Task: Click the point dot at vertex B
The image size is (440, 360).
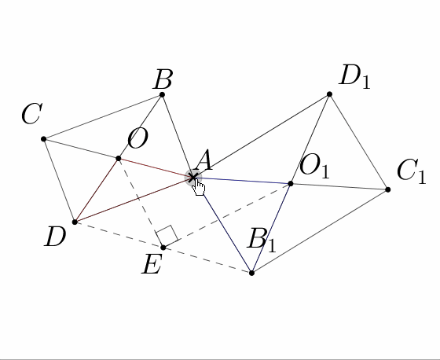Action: [x=162, y=94]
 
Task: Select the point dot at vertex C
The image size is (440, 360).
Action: [x=43, y=139]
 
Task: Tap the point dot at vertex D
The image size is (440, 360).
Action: [x=75, y=222]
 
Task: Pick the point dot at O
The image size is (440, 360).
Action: [x=119, y=159]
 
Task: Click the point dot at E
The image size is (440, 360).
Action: [x=163, y=248]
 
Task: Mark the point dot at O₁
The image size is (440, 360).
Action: [x=291, y=184]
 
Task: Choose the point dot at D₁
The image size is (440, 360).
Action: [x=330, y=94]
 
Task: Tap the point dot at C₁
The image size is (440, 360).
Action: [x=388, y=190]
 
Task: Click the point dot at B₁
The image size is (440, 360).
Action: [x=251, y=273]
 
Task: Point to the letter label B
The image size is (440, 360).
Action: [x=163, y=79]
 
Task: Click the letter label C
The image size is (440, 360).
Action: [x=32, y=113]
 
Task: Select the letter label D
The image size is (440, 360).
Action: [x=55, y=237]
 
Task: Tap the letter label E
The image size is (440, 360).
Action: [x=152, y=264]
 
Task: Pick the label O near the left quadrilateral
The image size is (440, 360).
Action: [x=137, y=138]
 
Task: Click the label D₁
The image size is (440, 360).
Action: [x=355, y=77]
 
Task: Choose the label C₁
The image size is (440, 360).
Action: [x=412, y=171]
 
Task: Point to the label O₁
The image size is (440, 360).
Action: [x=314, y=166]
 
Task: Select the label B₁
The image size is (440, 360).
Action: [x=262, y=240]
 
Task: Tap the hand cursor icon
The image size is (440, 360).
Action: [x=199, y=188]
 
